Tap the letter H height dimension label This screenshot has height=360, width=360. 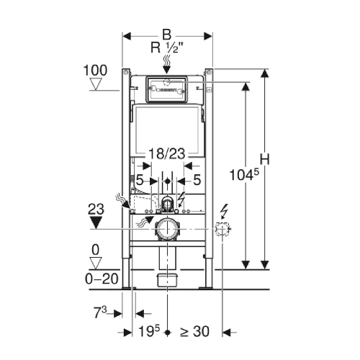pos(265,159)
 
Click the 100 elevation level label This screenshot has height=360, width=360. pos(95,71)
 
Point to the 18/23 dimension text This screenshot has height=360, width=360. pos(167,153)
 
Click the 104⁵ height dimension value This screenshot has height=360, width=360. pos(244,174)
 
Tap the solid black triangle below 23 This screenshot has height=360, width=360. pos(96,222)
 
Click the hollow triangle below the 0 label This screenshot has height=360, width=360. pos(96,263)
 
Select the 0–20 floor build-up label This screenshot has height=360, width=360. pos(102,279)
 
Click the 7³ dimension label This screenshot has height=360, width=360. pos(100,312)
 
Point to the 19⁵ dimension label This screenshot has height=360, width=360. pos(149,331)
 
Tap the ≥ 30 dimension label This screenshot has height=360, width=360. pos(194,331)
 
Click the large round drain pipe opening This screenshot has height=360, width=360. pos(167,230)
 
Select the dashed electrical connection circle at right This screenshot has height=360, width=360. pos(222,229)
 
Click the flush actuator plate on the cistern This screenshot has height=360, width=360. pos(166,89)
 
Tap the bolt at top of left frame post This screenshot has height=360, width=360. pos(125,72)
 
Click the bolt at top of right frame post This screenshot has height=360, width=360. pos(209,72)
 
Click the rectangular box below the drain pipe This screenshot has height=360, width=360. pos(167,280)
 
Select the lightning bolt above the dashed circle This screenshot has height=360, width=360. pos(225,211)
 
